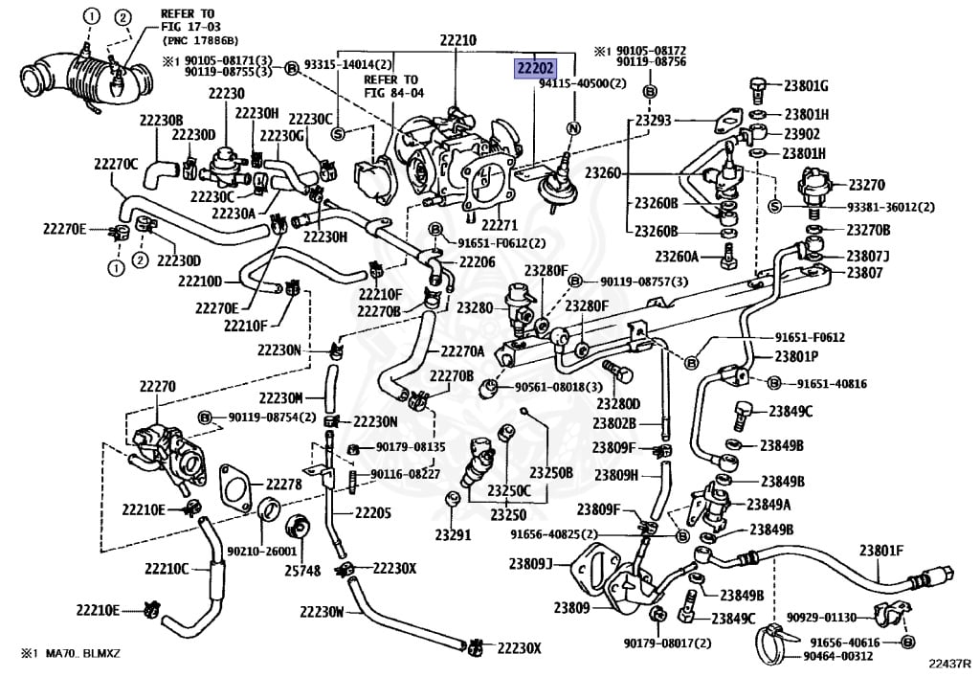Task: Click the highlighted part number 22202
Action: [x=534, y=68]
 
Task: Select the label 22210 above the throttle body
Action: [x=457, y=40]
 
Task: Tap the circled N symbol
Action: [x=573, y=128]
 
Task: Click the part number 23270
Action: [x=866, y=185]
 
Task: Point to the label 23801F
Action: [x=881, y=551]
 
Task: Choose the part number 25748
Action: [x=302, y=570]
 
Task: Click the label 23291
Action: [x=453, y=535]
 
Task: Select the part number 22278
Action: [x=283, y=484]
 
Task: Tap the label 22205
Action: [x=373, y=513]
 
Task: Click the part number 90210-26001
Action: [x=261, y=552]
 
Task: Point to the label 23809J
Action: [x=530, y=564]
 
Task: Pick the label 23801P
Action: [x=797, y=356]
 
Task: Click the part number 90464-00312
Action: [x=837, y=656]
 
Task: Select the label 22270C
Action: [x=116, y=164]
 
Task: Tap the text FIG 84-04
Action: [x=393, y=93]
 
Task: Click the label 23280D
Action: [x=618, y=404]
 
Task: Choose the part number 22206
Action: [x=477, y=262]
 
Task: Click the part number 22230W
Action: [x=322, y=611]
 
